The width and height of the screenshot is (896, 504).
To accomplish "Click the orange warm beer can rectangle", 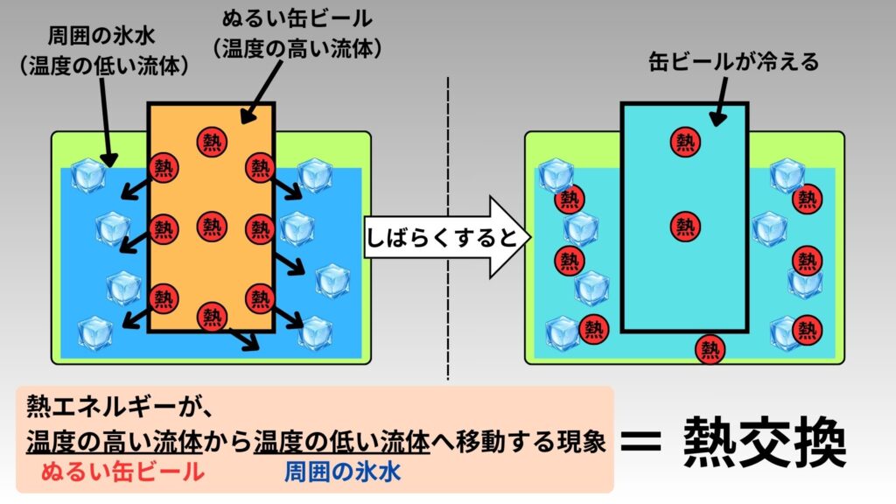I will (212, 262).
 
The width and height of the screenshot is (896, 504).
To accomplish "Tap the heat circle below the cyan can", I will (710, 349).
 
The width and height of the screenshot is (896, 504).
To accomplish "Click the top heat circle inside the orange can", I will (212, 139).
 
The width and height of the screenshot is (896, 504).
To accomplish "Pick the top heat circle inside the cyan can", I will (685, 139).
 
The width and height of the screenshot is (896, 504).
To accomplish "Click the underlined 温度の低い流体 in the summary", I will (343, 442).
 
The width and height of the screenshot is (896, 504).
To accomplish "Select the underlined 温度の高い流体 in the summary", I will (115, 442).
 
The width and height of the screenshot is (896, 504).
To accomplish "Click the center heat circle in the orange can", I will (212, 225).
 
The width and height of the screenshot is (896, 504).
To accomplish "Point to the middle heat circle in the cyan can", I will (685, 225).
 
